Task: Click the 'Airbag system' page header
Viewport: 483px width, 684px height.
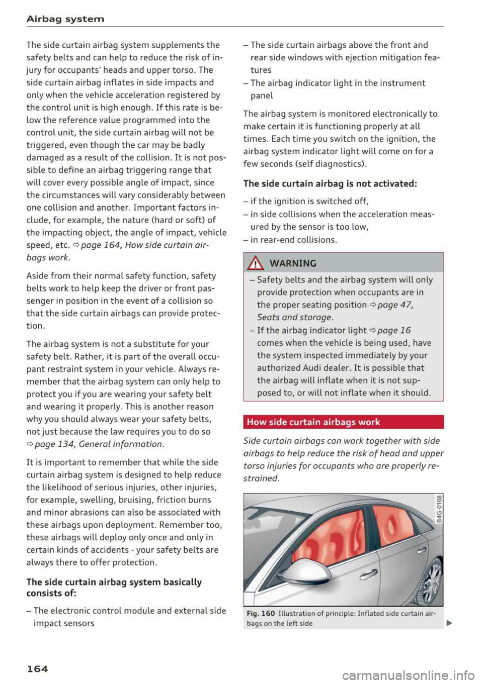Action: point(65,19)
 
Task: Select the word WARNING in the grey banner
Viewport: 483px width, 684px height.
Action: point(293,263)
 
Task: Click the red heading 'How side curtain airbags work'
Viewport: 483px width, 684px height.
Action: point(313,422)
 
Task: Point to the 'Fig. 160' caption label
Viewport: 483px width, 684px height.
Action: point(261,614)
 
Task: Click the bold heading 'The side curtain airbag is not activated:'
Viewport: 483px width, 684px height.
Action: point(330,183)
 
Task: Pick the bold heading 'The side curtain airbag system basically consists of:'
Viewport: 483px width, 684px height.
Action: point(114,588)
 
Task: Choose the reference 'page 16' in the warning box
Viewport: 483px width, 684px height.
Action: point(393,330)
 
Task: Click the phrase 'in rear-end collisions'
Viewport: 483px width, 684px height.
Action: point(293,240)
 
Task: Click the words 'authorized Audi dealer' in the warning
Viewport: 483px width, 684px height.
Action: point(300,368)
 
